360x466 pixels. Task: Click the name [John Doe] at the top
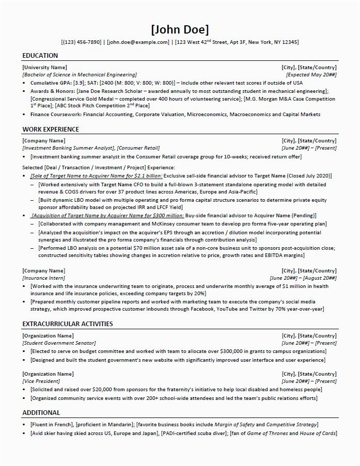(180, 29)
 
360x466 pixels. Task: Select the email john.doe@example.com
(138, 42)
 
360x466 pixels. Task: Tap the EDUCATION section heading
(40, 56)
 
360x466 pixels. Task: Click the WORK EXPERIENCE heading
(51, 129)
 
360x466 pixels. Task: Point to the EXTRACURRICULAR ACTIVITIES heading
(68, 324)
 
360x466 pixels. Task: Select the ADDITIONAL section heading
(41, 413)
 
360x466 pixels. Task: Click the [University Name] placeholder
(45, 68)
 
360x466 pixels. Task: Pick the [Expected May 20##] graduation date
(311, 75)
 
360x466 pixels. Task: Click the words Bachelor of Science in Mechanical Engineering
(81, 75)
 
